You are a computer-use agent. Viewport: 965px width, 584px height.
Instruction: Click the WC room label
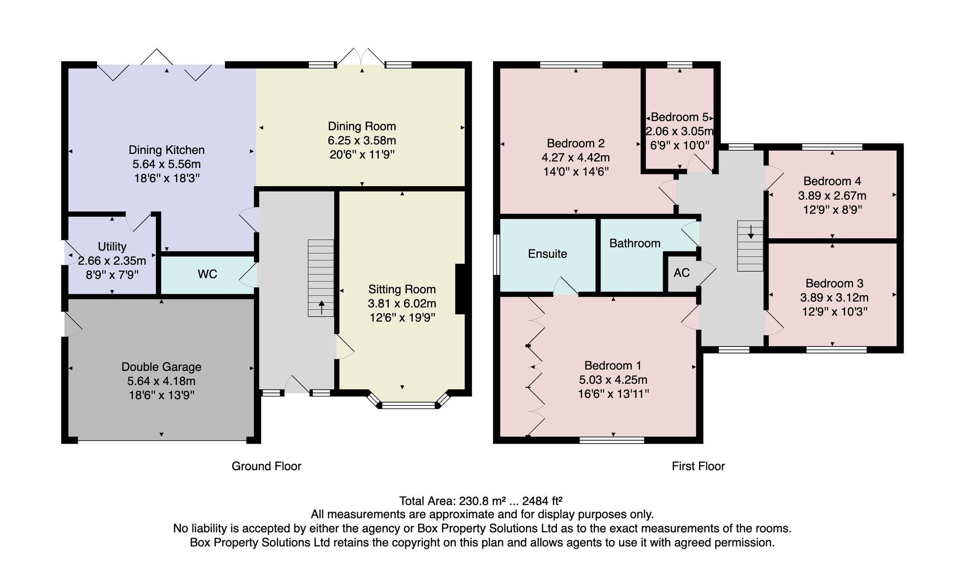coord(207,274)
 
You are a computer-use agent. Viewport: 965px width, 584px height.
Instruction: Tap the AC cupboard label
coord(681,273)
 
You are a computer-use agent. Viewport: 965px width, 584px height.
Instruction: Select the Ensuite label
coord(547,254)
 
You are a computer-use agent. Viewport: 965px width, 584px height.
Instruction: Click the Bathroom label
coord(634,243)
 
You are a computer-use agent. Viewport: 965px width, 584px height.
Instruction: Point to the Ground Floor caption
coord(266,466)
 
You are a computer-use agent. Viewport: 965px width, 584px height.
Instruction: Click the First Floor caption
coord(698,466)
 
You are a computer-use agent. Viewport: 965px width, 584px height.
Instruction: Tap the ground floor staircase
coord(321,278)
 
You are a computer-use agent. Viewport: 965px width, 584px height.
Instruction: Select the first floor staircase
coord(750,245)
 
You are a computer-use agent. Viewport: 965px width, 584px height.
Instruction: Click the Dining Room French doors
coord(361,57)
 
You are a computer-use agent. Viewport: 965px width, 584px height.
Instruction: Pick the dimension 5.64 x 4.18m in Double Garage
coord(161,381)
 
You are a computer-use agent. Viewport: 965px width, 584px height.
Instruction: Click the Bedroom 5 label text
coord(680,117)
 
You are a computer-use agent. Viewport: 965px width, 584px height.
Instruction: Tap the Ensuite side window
coord(496,255)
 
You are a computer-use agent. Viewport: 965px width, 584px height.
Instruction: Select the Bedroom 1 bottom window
coord(612,440)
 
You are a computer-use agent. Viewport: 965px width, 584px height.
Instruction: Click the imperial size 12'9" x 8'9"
coord(832,210)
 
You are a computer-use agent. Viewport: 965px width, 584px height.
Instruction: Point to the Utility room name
coord(112,246)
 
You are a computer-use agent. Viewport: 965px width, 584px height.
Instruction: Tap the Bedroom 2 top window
coord(571,65)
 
